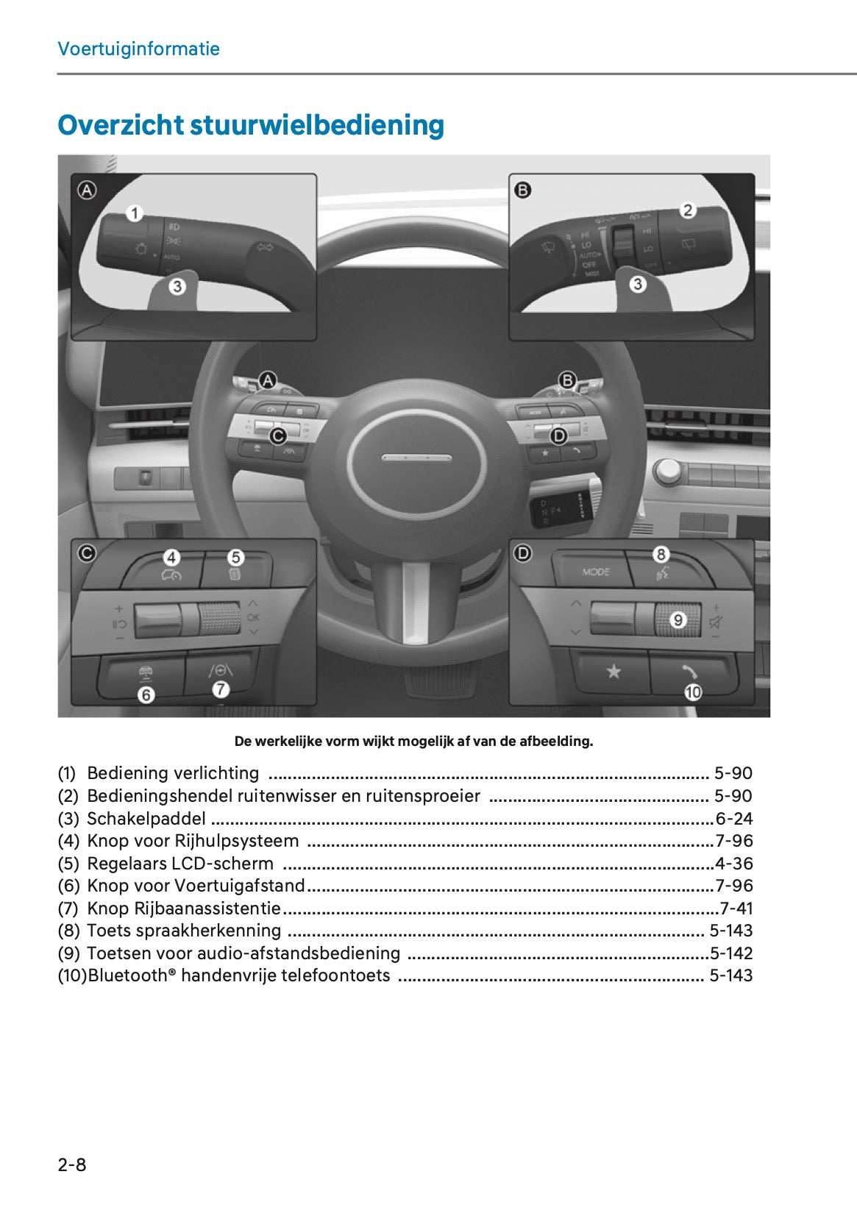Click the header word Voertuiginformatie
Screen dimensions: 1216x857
[x=138, y=49]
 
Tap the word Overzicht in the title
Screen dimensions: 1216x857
[x=120, y=125]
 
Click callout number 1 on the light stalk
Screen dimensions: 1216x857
[x=134, y=213]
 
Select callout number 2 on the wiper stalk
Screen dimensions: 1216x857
[x=688, y=210]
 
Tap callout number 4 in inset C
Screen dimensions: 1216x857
[x=171, y=558]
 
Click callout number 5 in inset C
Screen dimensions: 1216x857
[x=235, y=558]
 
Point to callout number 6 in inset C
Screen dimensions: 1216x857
[x=146, y=694]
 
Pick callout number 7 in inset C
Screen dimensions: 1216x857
[x=221, y=689]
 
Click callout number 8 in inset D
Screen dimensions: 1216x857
[x=661, y=555]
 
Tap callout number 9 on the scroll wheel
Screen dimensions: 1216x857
[x=678, y=620]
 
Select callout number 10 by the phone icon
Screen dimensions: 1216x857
[x=693, y=692]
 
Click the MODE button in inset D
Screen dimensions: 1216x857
[x=595, y=572]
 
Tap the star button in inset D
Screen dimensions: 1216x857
[x=613, y=672]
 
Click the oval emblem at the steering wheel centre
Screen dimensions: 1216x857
[x=416, y=458]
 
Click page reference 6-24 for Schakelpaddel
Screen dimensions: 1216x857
[x=734, y=819]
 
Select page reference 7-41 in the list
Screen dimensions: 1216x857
[x=736, y=909]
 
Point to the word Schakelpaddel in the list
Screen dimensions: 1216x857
[x=146, y=819]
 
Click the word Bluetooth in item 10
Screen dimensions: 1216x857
[x=128, y=975]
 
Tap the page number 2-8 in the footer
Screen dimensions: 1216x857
[x=72, y=1165]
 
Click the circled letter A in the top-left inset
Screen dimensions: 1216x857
[x=87, y=191]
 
